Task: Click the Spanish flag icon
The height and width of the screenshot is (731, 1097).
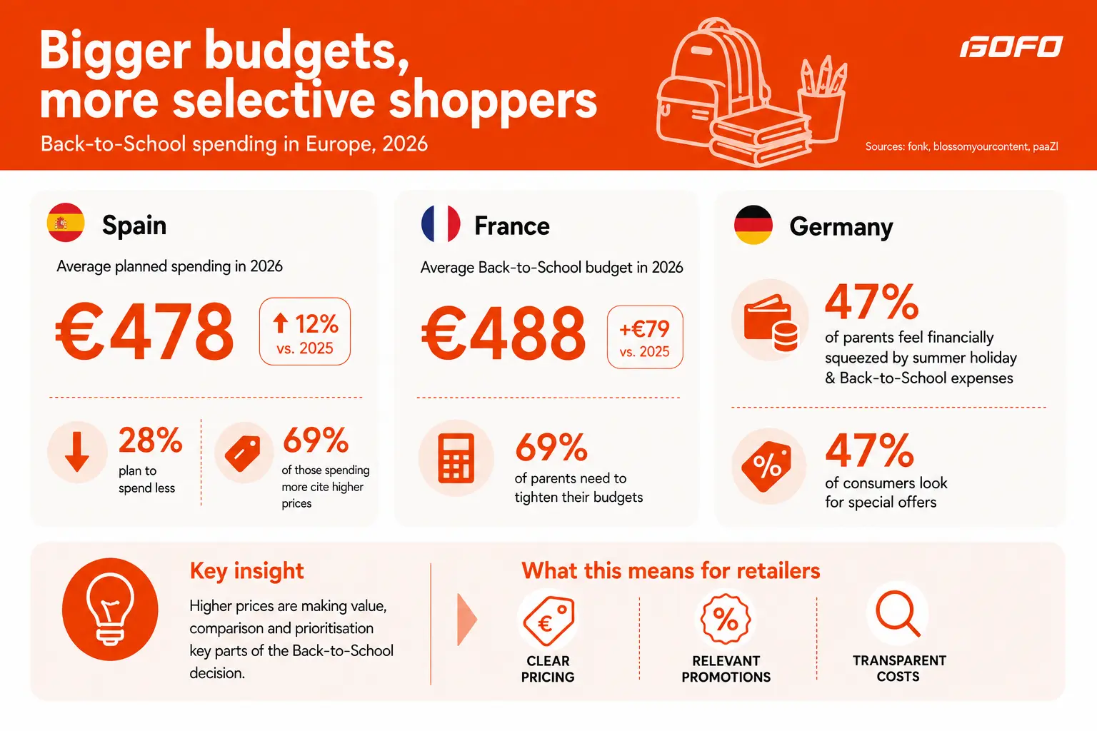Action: coord(66,223)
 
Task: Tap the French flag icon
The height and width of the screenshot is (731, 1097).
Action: coord(440,223)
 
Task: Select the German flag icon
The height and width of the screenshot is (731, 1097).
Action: coord(753,225)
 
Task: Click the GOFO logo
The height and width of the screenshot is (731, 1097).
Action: coord(1011,46)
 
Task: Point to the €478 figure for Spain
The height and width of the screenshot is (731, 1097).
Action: coord(144,331)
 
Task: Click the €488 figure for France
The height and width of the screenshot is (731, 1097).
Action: coord(504,333)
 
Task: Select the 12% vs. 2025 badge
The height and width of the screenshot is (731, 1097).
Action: coord(305,331)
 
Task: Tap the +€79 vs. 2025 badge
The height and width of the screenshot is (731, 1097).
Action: coord(645,337)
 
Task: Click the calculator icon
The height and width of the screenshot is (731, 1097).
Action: coord(456,458)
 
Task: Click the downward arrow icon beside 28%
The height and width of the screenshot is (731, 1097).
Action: coord(77,451)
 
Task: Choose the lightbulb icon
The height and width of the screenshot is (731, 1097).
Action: coord(110,609)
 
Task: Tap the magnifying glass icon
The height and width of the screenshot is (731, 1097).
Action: coord(898,614)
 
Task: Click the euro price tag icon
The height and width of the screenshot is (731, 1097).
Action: coord(548,620)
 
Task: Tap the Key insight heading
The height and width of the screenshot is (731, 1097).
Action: coord(247,571)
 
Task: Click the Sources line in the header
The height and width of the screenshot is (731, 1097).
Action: coord(962,146)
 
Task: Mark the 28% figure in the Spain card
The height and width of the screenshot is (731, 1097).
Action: coord(151,440)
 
